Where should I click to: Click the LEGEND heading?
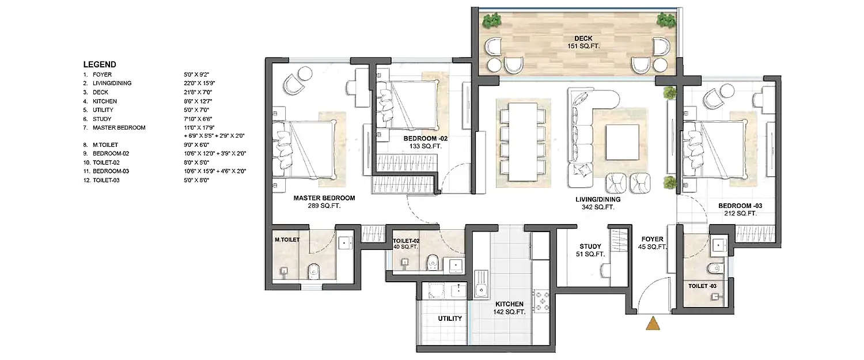tap(100, 65)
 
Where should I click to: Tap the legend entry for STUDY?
tap(103, 119)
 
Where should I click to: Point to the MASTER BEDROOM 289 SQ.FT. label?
tap(324, 201)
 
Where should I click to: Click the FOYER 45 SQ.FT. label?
tap(653, 242)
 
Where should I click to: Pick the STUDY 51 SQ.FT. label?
tap(590, 250)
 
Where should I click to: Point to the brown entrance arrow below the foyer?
tap(653, 324)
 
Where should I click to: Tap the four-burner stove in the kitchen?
tap(542, 300)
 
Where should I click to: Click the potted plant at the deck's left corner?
tap(491, 21)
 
